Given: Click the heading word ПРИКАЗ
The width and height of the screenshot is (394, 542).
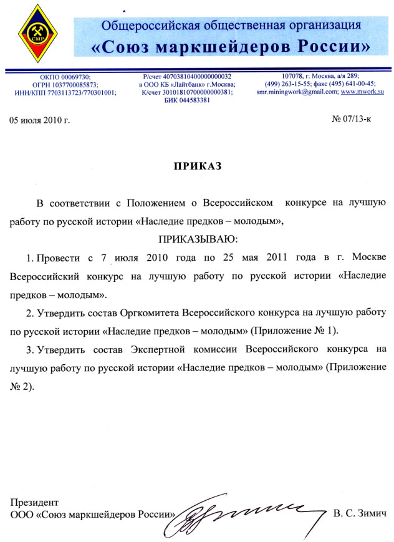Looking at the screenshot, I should [x=197, y=167].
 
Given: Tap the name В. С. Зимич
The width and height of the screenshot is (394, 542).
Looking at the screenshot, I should [x=360, y=513].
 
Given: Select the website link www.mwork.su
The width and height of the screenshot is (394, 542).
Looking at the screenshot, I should [x=362, y=91].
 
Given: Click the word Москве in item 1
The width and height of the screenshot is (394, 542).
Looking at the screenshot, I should [x=370, y=257].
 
